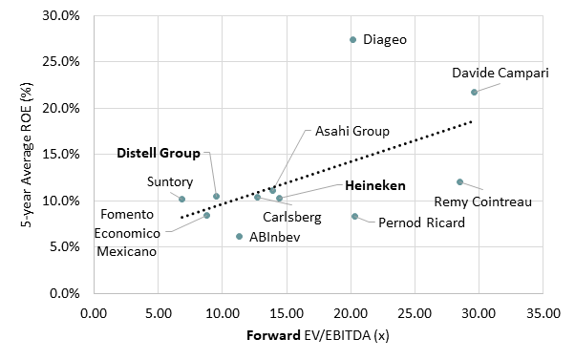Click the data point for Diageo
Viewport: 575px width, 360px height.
coord(353,40)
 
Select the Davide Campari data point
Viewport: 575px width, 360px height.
coord(474,92)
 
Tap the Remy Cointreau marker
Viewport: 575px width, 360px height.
coord(459,181)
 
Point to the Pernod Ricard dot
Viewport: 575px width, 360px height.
coord(355,217)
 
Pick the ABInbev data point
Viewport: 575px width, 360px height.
coord(239,236)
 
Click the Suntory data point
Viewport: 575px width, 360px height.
coord(181,199)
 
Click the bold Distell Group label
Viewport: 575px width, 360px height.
coord(159,153)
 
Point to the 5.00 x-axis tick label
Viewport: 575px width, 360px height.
coord(159,312)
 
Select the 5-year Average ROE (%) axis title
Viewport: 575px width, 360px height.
coord(17,155)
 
